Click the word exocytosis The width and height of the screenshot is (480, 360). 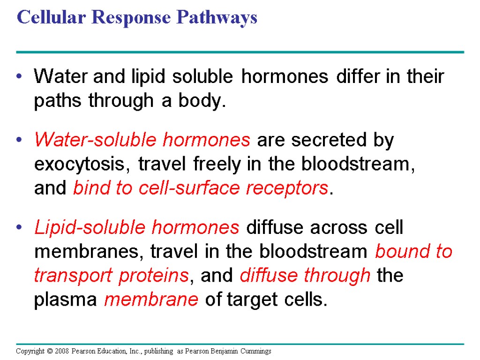click(x=83, y=165)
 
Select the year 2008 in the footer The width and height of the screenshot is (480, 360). click(x=61, y=351)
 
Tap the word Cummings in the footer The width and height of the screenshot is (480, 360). click(x=256, y=351)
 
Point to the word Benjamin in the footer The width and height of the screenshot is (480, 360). click(x=225, y=351)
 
